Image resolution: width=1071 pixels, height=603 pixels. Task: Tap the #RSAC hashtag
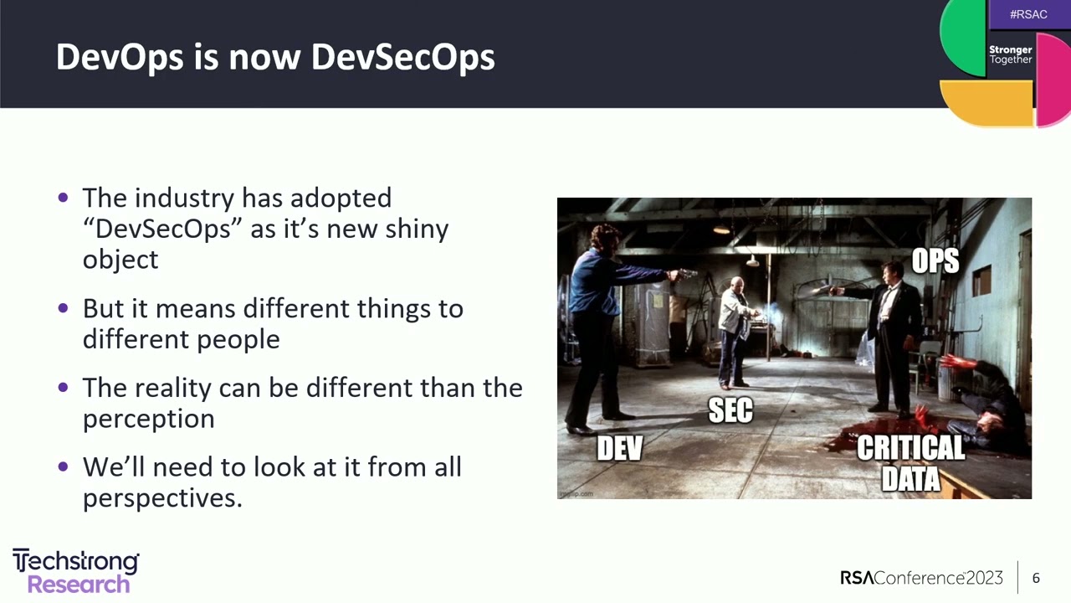coord(1028,14)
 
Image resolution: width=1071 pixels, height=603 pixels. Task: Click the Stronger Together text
coord(1011,54)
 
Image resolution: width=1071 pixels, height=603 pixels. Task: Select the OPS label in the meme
coord(935,261)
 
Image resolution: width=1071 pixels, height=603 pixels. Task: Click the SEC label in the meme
coord(730,410)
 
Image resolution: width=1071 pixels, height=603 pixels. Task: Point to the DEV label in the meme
coord(619,449)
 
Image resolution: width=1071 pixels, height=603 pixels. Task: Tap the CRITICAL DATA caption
coord(910,462)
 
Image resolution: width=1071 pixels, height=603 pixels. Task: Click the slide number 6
coord(1036,578)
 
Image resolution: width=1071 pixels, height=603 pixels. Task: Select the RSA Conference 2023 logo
coord(921,578)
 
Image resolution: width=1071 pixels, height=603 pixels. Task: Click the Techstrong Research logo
coord(75,572)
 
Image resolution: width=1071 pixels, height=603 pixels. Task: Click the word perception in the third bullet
coord(148,419)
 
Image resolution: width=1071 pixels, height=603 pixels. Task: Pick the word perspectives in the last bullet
coord(161,498)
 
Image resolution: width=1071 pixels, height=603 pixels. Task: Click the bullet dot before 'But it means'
coord(64,308)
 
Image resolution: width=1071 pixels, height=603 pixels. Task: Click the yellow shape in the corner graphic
coord(986,103)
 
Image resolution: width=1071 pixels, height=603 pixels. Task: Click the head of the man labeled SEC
coord(736,285)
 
